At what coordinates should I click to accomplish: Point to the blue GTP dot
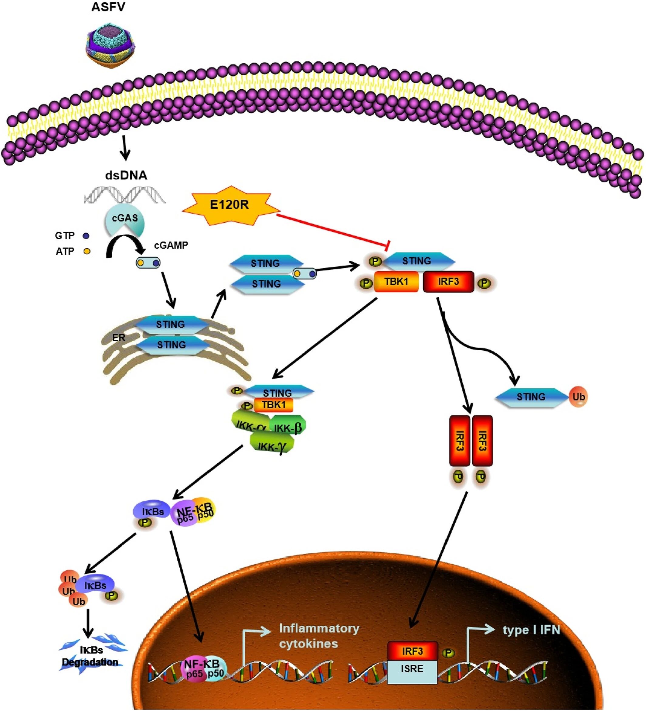86,235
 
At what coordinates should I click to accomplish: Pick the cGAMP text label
171,245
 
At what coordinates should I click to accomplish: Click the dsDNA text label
126,175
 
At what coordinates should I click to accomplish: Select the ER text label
118,338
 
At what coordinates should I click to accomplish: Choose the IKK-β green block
287,428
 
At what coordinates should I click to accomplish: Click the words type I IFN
531,630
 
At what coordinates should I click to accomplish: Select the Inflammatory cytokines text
319,636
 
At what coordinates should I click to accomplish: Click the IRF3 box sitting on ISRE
412,651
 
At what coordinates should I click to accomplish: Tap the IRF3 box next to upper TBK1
448,281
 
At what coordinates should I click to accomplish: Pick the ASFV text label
108,7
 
